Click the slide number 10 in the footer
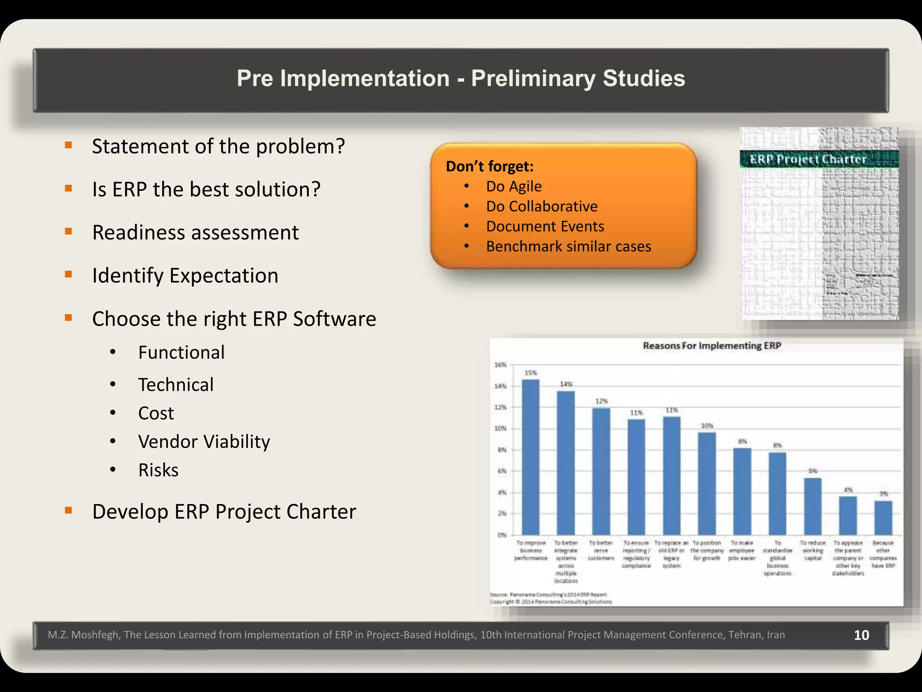pyautogui.click(x=861, y=635)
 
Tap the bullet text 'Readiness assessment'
pyautogui.click(x=195, y=232)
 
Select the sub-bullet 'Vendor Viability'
pyautogui.click(x=204, y=442)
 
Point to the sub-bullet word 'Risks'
pyautogui.click(x=158, y=470)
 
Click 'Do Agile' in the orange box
pyautogui.click(x=514, y=187)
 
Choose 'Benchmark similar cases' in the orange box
pyautogui.click(x=569, y=246)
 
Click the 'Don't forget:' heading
pyautogui.click(x=489, y=166)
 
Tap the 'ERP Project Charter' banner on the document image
pyautogui.click(x=808, y=159)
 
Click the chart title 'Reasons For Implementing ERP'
pyautogui.click(x=712, y=346)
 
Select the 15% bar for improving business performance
pyautogui.click(x=531, y=457)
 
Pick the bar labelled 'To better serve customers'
pyautogui.click(x=601, y=471)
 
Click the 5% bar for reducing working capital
pyautogui.click(x=813, y=506)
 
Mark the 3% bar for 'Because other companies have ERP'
pyautogui.click(x=883, y=518)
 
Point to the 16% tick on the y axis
pyautogui.click(x=501, y=364)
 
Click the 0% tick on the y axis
pyautogui.click(x=502, y=535)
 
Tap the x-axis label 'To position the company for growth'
pyautogui.click(x=707, y=551)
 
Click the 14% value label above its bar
pyautogui.click(x=566, y=384)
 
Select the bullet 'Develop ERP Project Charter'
pyautogui.click(x=224, y=512)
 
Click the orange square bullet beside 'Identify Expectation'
pyautogui.click(x=68, y=274)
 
